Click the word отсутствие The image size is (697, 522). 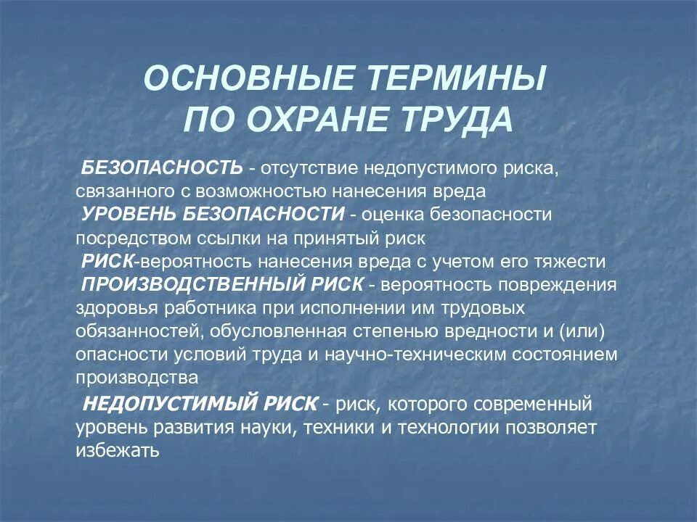click(306, 168)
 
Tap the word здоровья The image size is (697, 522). click(109, 307)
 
